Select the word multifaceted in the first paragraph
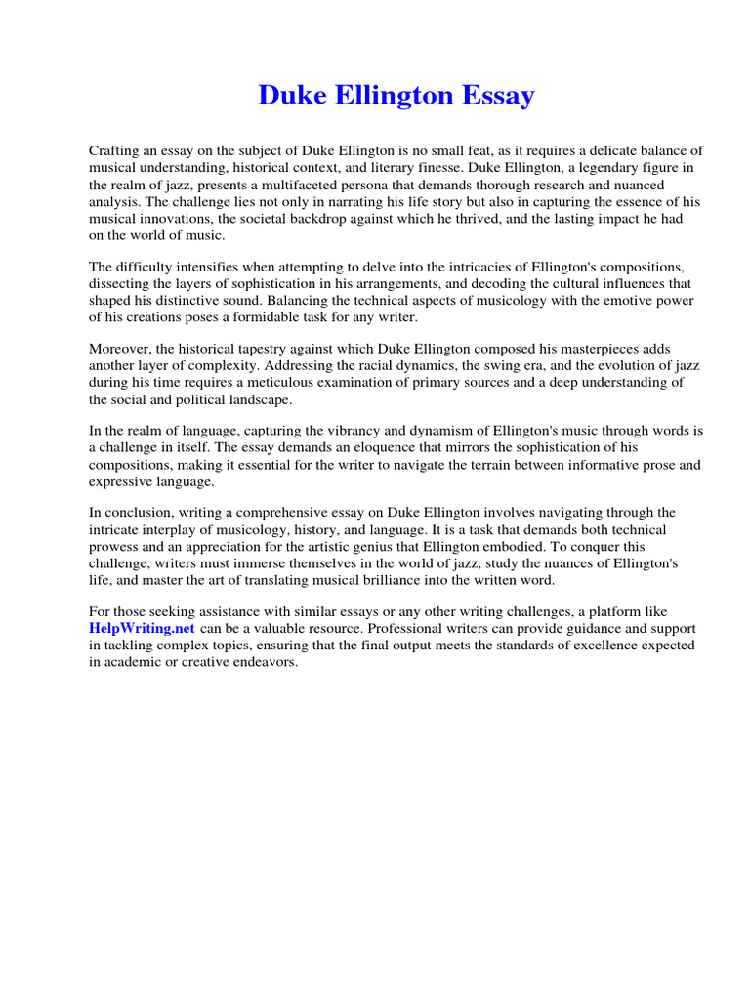(291, 185)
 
